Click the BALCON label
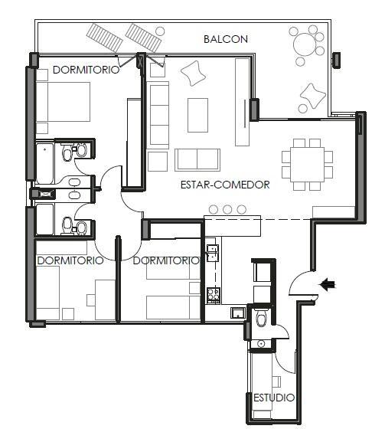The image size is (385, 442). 226,39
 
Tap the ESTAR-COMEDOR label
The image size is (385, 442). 225,185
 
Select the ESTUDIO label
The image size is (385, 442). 274,398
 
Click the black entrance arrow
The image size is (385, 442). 328,284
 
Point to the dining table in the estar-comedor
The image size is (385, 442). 307,165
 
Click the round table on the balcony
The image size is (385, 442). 304,44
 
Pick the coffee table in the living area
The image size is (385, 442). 197,115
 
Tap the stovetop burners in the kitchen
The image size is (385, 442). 214,295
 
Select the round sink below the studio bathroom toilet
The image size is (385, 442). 261,344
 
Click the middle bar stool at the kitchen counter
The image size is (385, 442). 227,209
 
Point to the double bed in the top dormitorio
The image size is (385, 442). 64,102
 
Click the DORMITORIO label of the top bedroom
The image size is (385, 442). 86,70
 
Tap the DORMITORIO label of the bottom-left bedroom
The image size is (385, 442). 70,260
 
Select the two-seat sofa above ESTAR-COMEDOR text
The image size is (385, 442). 197,160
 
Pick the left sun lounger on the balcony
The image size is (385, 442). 105,38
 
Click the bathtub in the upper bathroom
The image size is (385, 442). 45,163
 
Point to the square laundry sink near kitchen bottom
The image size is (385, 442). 238,313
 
